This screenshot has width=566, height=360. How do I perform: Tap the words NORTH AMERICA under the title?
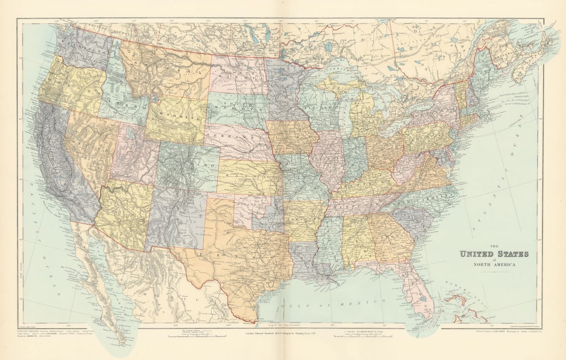click(494, 265)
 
